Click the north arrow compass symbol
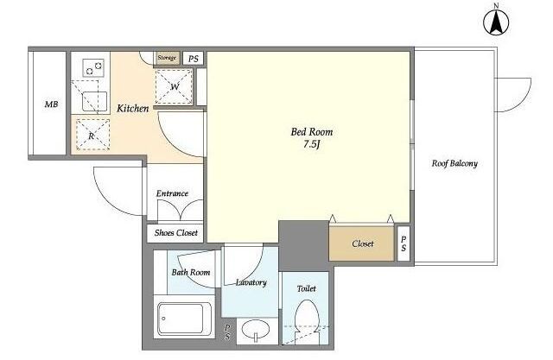click(x=496, y=22)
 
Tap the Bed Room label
click(x=312, y=132)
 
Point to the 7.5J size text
click(x=311, y=144)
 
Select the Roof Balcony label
click(x=454, y=163)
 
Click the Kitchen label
click(x=132, y=108)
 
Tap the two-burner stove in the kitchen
click(x=93, y=68)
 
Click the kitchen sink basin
click(x=94, y=101)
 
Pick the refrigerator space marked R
click(x=92, y=135)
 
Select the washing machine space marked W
click(x=175, y=86)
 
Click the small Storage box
click(x=168, y=58)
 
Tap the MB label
click(x=52, y=104)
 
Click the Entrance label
click(x=172, y=193)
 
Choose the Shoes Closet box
click(x=175, y=233)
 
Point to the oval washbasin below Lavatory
click(x=256, y=330)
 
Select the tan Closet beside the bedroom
click(x=361, y=243)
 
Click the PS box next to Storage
click(x=193, y=59)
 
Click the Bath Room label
click(x=191, y=272)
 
